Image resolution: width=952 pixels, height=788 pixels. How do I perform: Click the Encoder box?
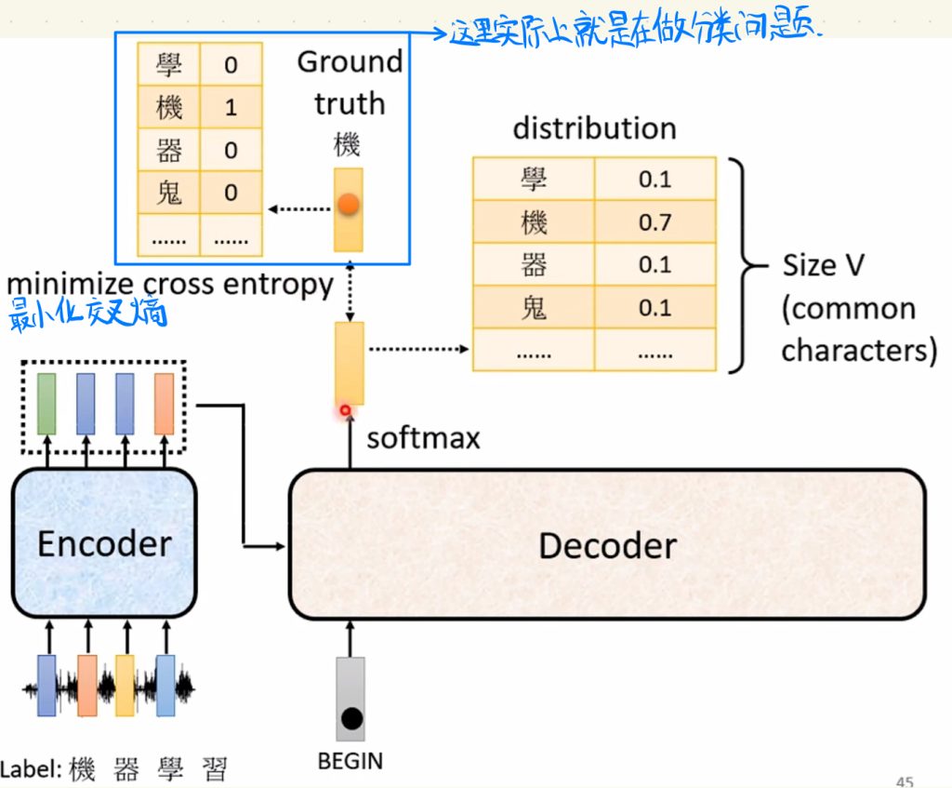104,542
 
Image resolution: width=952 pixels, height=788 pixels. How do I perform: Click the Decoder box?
607,545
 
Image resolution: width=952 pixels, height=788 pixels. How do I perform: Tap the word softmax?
423,437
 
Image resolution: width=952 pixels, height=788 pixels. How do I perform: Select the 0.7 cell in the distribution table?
654,222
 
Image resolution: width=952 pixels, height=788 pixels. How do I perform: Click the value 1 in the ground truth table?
231,107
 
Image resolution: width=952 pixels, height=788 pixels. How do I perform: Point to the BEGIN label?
350,760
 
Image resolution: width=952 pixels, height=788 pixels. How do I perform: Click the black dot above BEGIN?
350,718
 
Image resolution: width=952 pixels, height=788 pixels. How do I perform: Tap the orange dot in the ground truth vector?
349,206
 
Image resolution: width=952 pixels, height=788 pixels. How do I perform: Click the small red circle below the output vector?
346,409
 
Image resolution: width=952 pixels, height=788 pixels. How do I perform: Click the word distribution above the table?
594,128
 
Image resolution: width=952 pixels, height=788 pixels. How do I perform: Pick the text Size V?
823,265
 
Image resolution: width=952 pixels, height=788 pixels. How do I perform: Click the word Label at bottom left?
31,768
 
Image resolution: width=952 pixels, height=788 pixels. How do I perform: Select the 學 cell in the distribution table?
534,179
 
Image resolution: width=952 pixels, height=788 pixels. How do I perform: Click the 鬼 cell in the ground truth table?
169,193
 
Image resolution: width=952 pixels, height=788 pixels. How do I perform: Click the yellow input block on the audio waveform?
125,685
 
